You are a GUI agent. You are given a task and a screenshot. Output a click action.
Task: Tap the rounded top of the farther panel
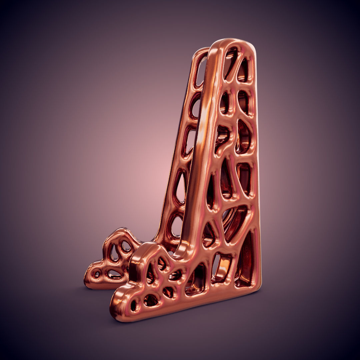201,52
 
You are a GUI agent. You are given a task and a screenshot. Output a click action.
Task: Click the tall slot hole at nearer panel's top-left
230,63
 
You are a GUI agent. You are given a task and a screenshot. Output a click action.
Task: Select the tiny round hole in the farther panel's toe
97,274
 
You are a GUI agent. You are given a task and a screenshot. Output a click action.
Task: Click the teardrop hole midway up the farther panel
180,187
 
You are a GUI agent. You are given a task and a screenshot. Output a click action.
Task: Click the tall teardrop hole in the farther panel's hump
114,253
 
